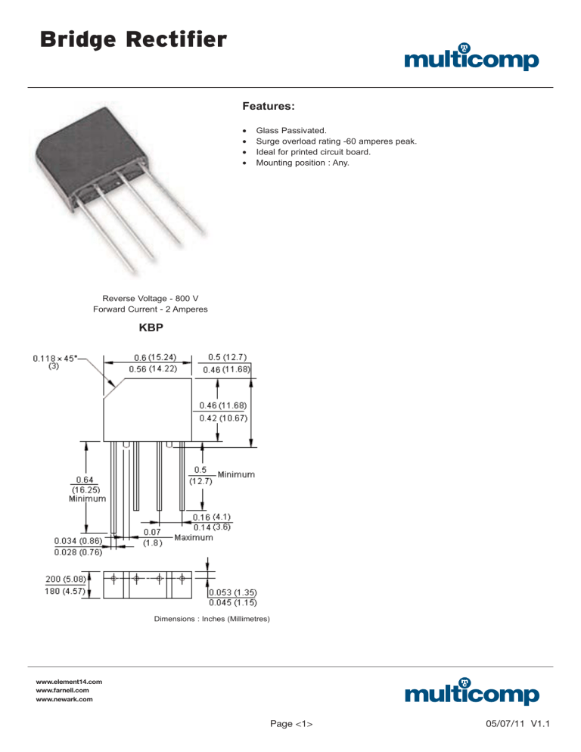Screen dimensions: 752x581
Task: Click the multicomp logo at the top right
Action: pos(472,59)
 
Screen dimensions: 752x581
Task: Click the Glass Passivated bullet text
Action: pos(292,130)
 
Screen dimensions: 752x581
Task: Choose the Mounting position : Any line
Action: pos(303,162)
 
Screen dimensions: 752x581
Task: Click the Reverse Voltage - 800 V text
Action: pos(150,298)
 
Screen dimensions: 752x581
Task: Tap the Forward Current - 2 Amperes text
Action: pos(150,309)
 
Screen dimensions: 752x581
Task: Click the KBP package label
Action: pos(150,331)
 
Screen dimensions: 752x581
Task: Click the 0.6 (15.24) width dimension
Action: pos(152,357)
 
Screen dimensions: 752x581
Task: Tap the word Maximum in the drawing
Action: pos(193,538)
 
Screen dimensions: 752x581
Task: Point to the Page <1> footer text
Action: pos(292,724)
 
